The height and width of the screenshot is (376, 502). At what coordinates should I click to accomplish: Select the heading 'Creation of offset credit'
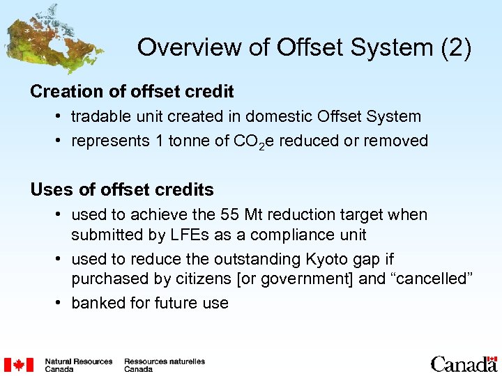(x=132, y=91)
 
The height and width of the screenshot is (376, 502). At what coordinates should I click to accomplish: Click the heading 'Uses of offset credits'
(x=122, y=189)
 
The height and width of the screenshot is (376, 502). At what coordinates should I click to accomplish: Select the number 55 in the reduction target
(x=230, y=215)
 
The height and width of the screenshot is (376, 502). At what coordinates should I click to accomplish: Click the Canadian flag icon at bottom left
(x=19, y=365)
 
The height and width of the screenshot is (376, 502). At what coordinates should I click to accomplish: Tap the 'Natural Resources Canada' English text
(x=78, y=365)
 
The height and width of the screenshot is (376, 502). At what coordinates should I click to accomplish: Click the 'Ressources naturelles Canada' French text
(x=165, y=365)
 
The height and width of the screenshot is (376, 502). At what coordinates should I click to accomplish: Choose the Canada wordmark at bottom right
(x=463, y=364)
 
